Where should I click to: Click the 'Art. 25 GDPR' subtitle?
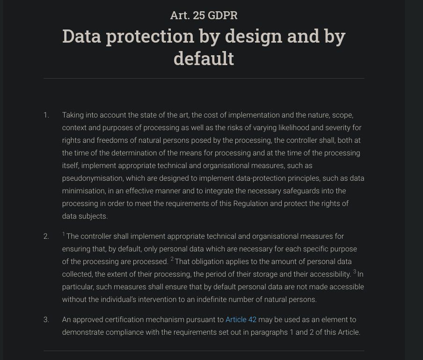[x=204, y=15]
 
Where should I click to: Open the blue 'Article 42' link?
[x=241, y=320]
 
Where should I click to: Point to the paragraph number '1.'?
[x=46, y=115]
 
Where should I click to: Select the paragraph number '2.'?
[x=46, y=236]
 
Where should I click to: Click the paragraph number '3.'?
[x=46, y=320]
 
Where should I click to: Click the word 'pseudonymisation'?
[x=92, y=178]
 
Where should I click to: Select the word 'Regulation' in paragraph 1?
[x=251, y=204]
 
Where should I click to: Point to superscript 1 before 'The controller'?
[x=64, y=234]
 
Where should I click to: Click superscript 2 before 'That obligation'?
[x=172, y=259]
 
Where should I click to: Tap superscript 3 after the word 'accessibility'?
[x=355, y=272]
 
